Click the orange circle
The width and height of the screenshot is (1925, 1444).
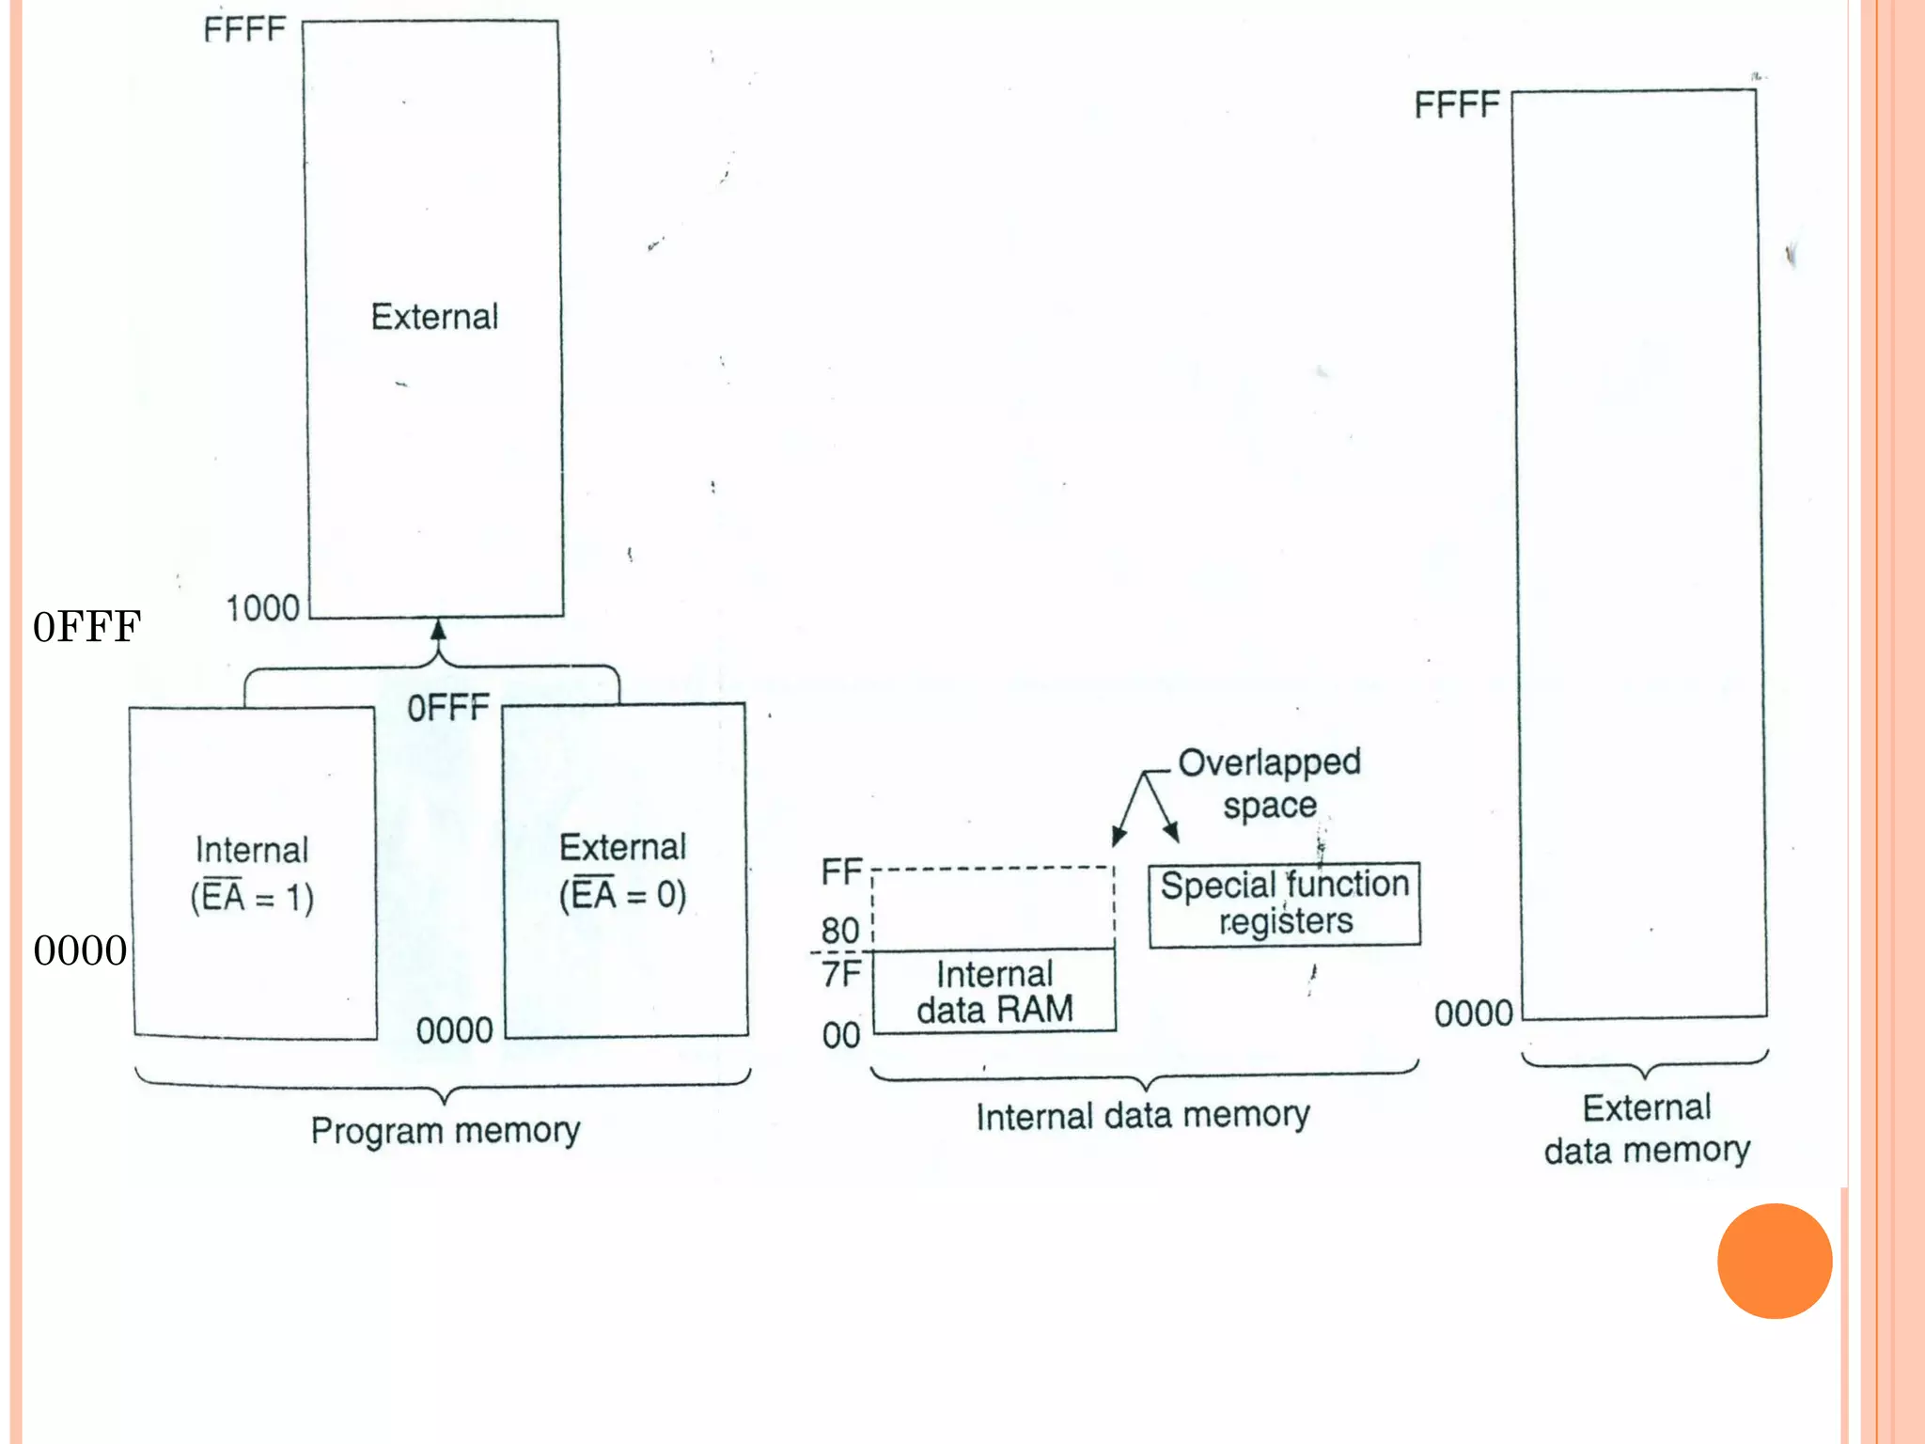pyautogui.click(x=1774, y=1261)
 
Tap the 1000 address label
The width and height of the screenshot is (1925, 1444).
pyautogui.click(x=262, y=608)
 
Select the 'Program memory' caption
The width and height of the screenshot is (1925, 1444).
pyautogui.click(x=446, y=1129)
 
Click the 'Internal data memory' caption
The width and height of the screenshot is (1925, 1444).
pyautogui.click(x=1142, y=1115)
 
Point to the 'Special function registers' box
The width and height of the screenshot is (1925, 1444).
pyautogui.click(x=1284, y=903)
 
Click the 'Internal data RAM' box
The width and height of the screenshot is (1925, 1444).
pyautogui.click(x=994, y=991)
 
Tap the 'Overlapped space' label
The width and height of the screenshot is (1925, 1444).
pyautogui.click(x=1269, y=783)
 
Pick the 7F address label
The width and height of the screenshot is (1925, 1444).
pyautogui.click(x=841, y=974)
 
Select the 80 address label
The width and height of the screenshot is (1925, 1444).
pyautogui.click(x=840, y=931)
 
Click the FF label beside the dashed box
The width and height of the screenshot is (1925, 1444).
pyautogui.click(x=841, y=871)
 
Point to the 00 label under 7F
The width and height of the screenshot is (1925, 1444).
pyautogui.click(x=841, y=1035)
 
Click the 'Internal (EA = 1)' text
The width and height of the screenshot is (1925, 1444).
pyautogui.click(x=252, y=873)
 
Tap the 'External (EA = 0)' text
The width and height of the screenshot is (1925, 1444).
pyautogui.click(x=623, y=871)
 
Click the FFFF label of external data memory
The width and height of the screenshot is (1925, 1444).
pyautogui.click(x=1456, y=104)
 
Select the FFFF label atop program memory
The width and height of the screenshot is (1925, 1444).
pyautogui.click(x=244, y=29)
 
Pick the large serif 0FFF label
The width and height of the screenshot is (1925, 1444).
pyautogui.click(x=86, y=627)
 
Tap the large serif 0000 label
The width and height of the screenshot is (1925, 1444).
pyautogui.click(x=80, y=950)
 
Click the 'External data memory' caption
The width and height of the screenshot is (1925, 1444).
pyautogui.click(x=1647, y=1128)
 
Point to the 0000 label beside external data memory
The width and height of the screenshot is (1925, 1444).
pyautogui.click(x=1473, y=1013)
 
